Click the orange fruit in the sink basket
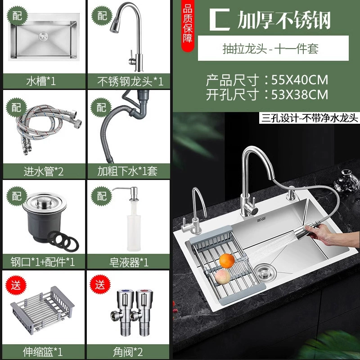pos(227,261)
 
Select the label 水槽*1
pos(41,81)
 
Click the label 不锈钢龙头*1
pos(130,81)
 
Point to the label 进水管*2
pos(43,171)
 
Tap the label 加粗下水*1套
pos(127,171)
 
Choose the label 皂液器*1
pos(129,262)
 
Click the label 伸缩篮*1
pos(43,351)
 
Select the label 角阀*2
pos(128,352)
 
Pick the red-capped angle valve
pos(142,312)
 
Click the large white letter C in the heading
pos(220,20)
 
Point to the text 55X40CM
pos(300,80)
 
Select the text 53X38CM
pos(300,94)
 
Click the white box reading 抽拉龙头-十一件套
pos(273,48)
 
